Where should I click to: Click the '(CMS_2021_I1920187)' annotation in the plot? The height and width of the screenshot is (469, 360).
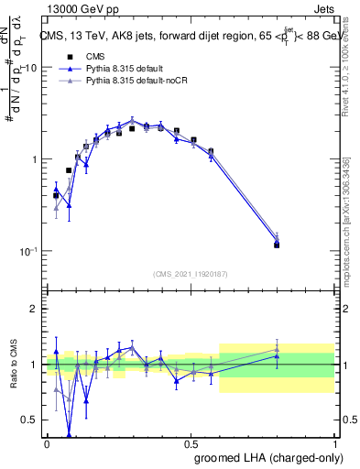191,273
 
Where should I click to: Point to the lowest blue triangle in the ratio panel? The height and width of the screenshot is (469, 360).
69,435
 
